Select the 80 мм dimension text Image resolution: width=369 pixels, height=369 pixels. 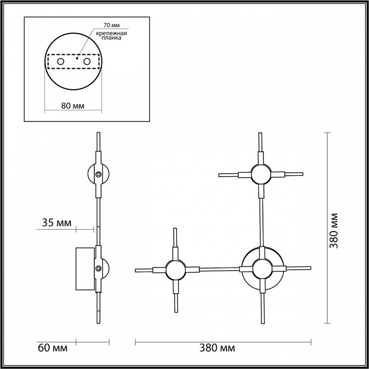tap(72, 106)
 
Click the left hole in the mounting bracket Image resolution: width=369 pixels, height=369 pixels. tap(60, 61)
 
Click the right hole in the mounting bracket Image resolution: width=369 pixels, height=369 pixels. tap(87, 61)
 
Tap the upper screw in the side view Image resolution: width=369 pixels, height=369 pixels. tap(99, 175)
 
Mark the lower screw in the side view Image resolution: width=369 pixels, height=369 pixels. tap(98, 268)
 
